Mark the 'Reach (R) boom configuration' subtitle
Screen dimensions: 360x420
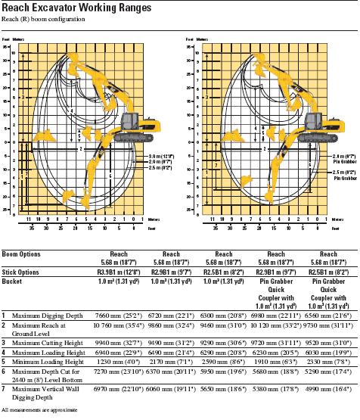click(x=43, y=18)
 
